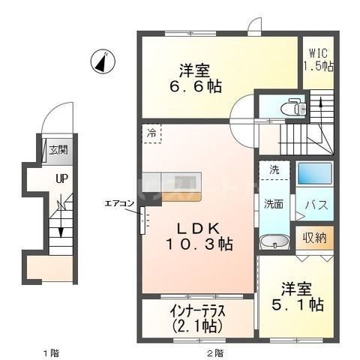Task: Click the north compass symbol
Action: coord(102,61)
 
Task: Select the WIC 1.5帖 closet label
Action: coord(318,59)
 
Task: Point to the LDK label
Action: coord(199,226)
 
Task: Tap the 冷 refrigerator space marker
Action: coord(151,133)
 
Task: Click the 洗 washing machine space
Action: coord(274,170)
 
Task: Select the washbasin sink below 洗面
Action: coord(273,241)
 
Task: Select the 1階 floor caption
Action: coord(49,352)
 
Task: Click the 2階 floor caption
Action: coord(214,352)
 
